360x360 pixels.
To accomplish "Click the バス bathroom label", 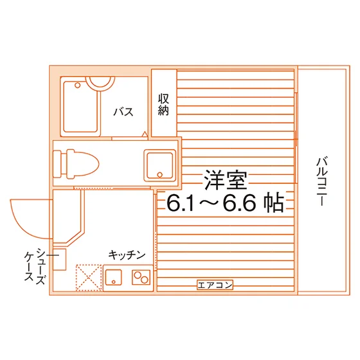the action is pyautogui.click(x=123, y=112).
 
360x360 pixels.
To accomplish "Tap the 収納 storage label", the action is pyautogui.click(x=163, y=104).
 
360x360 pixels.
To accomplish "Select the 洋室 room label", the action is pyautogui.click(x=226, y=180).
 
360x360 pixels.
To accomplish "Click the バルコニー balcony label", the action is pyautogui.click(x=321, y=181).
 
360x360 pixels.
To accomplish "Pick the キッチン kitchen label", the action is pyautogui.click(x=127, y=255).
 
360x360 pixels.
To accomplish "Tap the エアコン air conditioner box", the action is pyautogui.click(x=215, y=285).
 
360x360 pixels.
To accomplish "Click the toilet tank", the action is pyautogui.click(x=57, y=164).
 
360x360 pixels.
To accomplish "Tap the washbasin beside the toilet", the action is pyautogui.click(x=160, y=165).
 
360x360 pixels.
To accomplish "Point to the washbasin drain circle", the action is pyautogui.click(x=160, y=175).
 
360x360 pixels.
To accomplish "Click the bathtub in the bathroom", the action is pyautogui.click(x=80, y=107).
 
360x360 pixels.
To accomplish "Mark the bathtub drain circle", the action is pyautogui.click(x=78, y=85).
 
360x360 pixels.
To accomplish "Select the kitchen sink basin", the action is pyautogui.click(x=114, y=277).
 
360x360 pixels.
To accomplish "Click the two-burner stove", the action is pyautogui.click(x=141, y=277).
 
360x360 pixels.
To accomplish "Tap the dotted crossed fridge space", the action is pyautogui.click(x=89, y=278).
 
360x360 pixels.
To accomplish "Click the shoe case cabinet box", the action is pyautogui.click(x=59, y=259).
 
